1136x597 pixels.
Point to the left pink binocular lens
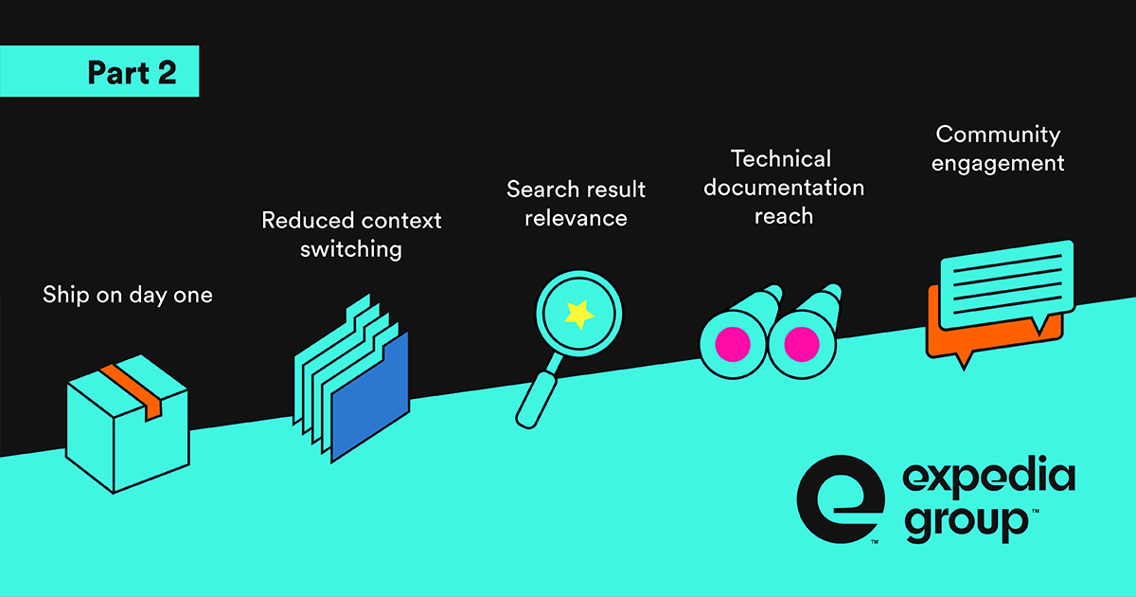[x=732, y=342]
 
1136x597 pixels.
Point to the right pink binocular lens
[x=801, y=342]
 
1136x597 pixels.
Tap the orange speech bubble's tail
[x=964, y=359]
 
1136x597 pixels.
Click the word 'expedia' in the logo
[x=988, y=477]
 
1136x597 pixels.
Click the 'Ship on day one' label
[x=128, y=295]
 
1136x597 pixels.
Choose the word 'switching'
[x=351, y=249]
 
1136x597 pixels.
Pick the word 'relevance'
[x=576, y=218]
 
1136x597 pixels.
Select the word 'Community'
[x=998, y=134]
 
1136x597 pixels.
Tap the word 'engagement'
[x=998, y=162]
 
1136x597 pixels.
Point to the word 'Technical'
[x=781, y=158]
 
